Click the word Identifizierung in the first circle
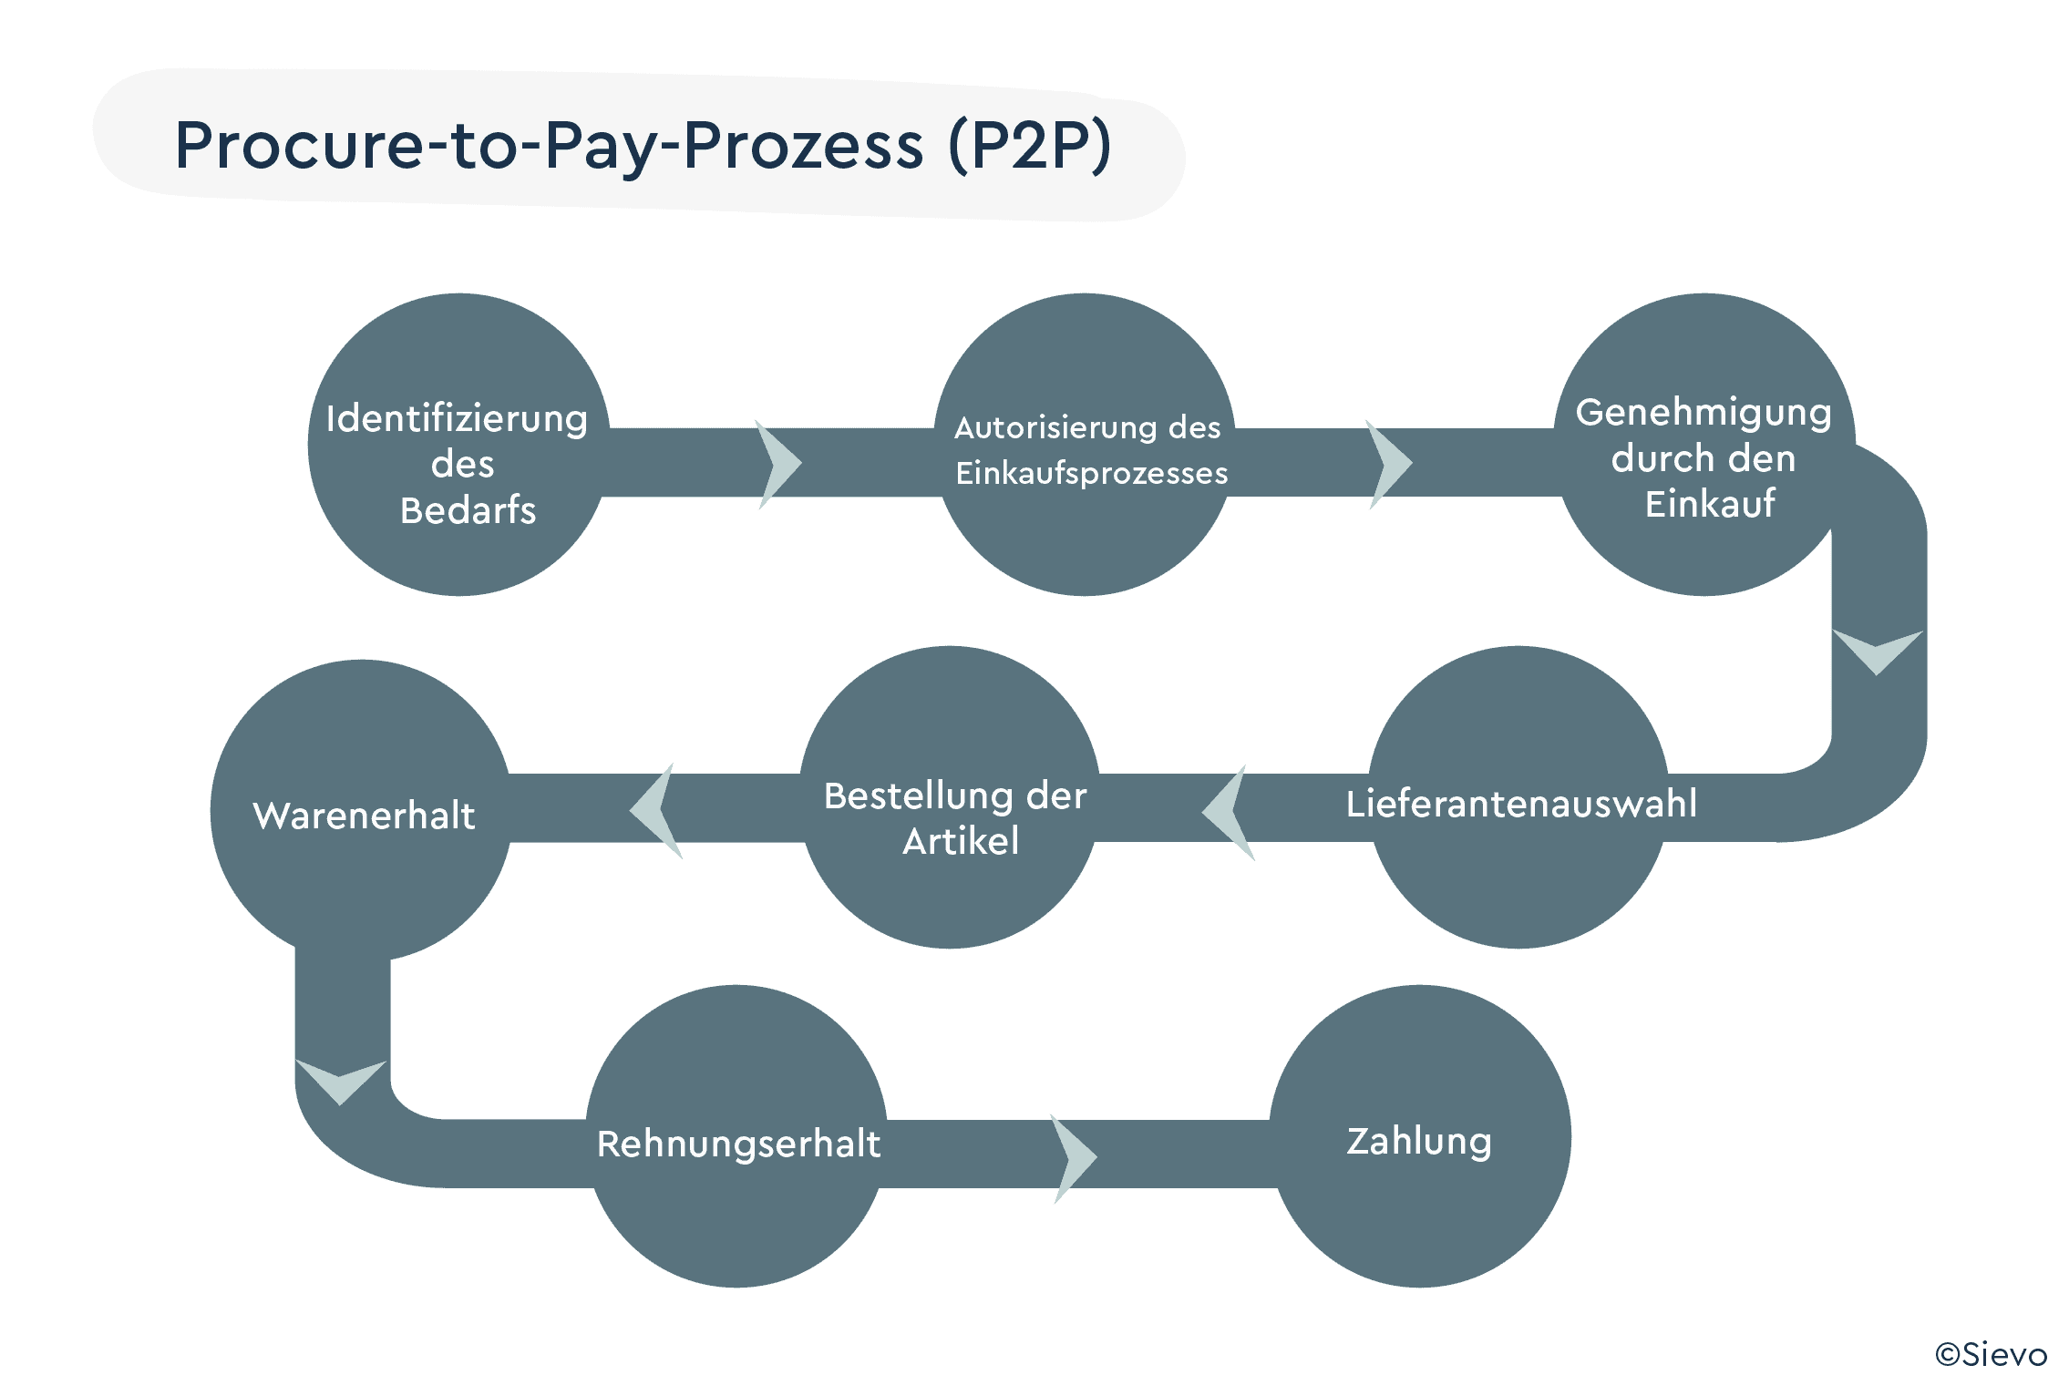point(457,419)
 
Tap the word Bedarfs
point(468,510)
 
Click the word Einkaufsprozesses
point(1091,473)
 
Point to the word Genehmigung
point(1703,413)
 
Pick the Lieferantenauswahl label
point(1521,804)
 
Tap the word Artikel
point(961,841)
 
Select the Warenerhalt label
point(364,816)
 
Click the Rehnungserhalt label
point(738,1144)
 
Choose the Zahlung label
point(1419,1141)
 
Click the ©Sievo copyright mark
point(1991,1355)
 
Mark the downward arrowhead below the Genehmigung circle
point(1877,649)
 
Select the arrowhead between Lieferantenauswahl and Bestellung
point(1228,812)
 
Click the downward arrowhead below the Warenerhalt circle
point(341,1080)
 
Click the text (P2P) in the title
point(1029,145)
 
